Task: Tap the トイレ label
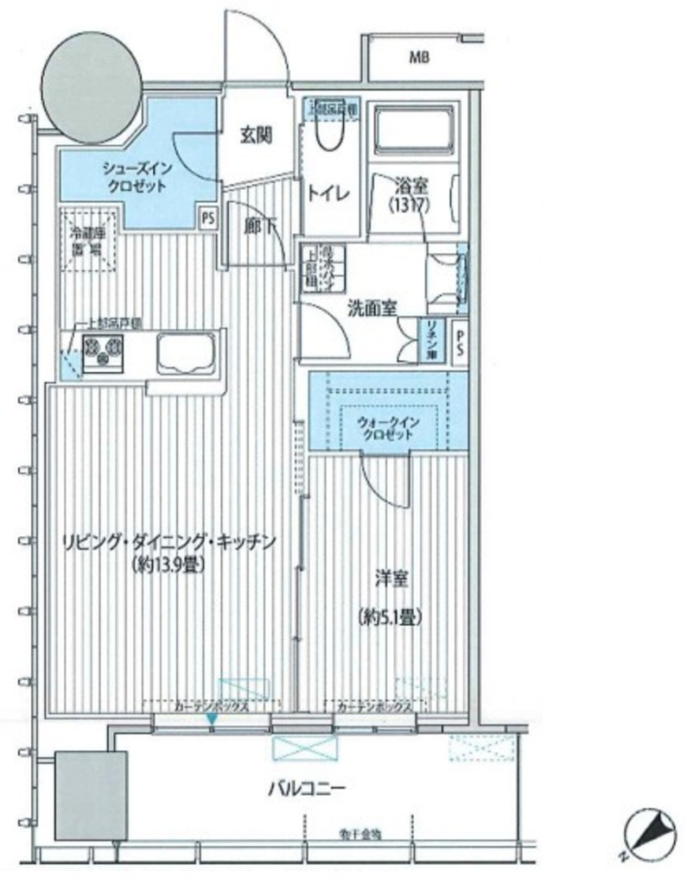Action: click(327, 194)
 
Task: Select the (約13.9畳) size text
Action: click(169, 566)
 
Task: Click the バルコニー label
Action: click(307, 786)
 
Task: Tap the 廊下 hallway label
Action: click(258, 227)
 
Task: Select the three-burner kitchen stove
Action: click(103, 350)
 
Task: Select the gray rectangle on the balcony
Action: click(91, 795)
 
